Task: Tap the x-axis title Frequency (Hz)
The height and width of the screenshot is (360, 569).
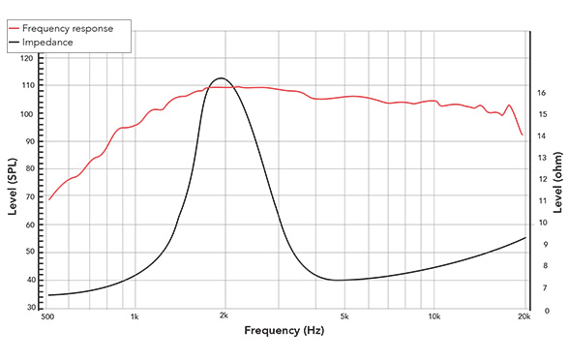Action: [284, 331]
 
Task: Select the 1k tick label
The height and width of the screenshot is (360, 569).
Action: [135, 316]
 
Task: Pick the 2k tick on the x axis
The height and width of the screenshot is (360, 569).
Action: [224, 316]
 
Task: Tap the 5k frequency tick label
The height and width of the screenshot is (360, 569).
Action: [344, 316]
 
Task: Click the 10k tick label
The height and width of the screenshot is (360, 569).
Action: [434, 316]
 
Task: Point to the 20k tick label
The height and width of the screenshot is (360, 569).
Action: [524, 316]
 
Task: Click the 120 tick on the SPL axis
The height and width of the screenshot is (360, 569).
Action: [27, 59]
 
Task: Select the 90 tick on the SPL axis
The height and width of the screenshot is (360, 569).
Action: [29, 141]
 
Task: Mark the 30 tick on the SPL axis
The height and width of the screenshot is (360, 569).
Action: [29, 308]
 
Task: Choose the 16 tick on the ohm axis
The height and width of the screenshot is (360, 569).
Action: [542, 93]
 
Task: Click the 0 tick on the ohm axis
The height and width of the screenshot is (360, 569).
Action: [545, 311]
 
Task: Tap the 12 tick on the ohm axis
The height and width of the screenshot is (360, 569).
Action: [542, 180]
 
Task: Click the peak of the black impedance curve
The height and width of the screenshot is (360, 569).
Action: [221, 77]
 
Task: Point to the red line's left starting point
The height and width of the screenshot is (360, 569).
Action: [48, 199]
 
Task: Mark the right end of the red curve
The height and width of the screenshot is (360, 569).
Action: [523, 135]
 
